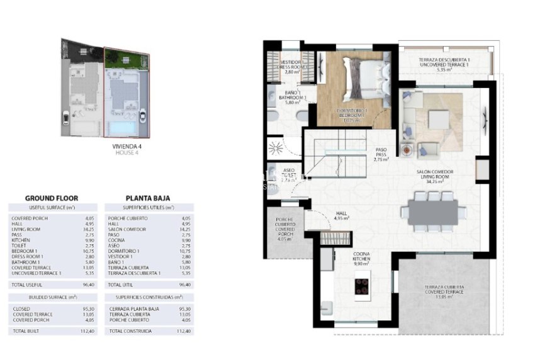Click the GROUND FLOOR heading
[51, 198]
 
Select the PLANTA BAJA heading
[148, 198]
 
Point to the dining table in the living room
[432, 212]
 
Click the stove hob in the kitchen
[363, 286]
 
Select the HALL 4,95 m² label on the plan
[342, 217]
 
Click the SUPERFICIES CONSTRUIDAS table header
[149, 296]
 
